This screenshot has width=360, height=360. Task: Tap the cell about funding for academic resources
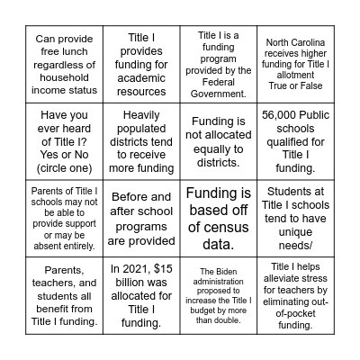(139, 64)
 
